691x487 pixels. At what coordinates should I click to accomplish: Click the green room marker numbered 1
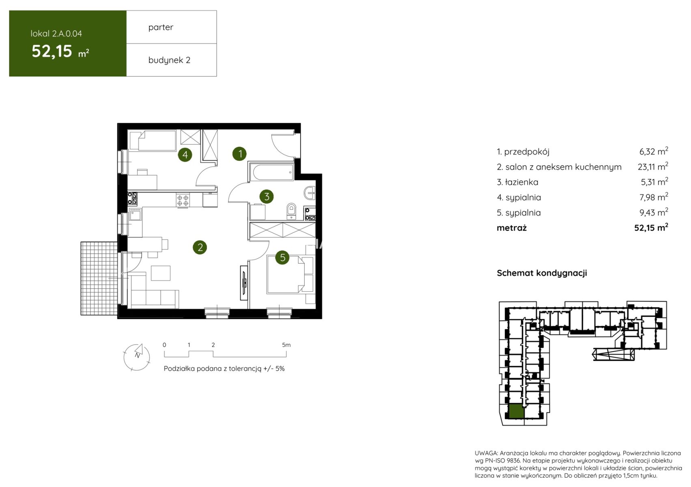(239, 153)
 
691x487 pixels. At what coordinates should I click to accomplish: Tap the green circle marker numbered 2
(200, 247)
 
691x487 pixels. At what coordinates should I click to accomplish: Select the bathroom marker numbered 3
(267, 196)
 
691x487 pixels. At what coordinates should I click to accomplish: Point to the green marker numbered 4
(185, 155)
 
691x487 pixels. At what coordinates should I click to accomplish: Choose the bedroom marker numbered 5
(282, 257)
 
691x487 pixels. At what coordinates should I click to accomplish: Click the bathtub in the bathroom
(271, 172)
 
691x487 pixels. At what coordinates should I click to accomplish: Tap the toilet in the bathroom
(291, 211)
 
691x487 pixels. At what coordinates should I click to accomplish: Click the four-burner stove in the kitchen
(183, 200)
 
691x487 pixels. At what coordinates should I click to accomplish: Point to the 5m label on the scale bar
(286, 345)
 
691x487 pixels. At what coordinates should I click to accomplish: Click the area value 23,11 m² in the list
(653, 167)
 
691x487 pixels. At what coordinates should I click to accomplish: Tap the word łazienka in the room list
(522, 182)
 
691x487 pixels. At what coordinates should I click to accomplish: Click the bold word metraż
(512, 228)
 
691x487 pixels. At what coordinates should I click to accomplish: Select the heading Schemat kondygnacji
(542, 273)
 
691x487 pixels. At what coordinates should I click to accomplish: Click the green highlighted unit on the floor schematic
(516, 412)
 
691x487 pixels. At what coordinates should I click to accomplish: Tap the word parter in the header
(161, 28)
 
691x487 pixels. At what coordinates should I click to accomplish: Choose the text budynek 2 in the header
(169, 60)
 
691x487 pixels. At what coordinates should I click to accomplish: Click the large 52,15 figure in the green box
(52, 51)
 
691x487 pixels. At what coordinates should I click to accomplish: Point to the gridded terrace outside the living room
(99, 278)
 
